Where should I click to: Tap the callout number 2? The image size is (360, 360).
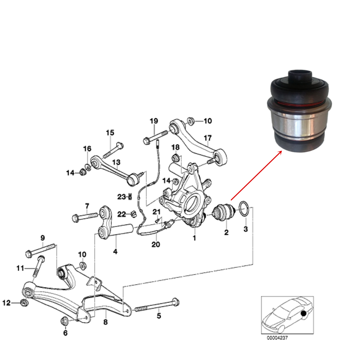(x=226, y=233)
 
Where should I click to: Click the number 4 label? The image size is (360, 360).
(x=115, y=251)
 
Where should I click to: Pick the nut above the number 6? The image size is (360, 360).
(x=65, y=320)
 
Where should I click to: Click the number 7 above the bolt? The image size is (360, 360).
(x=87, y=207)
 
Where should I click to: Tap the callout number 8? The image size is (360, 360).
(x=105, y=323)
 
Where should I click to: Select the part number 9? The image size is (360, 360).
(x=42, y=238)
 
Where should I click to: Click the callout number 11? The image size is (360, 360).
(x=20, y=268)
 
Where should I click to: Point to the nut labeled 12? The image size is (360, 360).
(x=23, y=303)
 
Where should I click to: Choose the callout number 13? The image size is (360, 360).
(x=116, y=162)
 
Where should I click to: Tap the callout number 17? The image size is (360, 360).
(x=207, y=138)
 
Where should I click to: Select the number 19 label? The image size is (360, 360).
(x=154, y=120)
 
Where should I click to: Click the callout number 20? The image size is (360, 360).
(x=155, y=244)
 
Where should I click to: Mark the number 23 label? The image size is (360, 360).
(x=121, y=196)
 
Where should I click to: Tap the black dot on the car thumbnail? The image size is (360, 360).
(x=304, y=315)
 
